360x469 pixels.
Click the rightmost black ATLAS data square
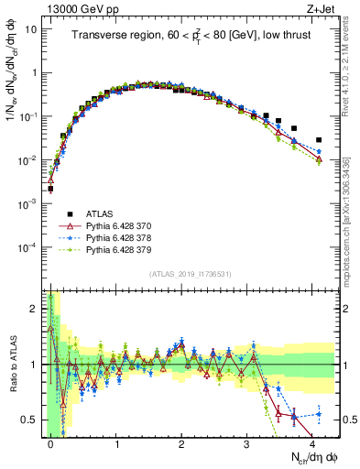pos(319,140)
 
